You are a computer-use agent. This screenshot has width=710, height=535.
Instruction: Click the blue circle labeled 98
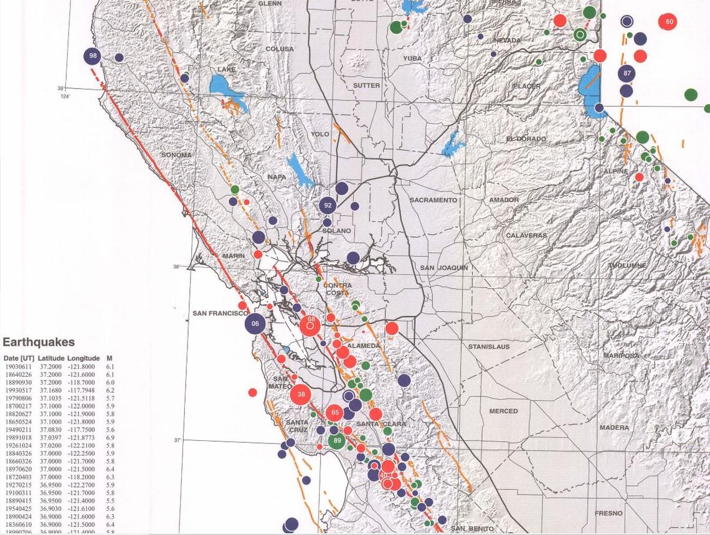[x=93, y=56]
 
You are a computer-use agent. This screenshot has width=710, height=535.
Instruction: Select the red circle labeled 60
[x=669, y=22]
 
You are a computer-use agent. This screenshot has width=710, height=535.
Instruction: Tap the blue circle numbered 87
[x=627, y=73]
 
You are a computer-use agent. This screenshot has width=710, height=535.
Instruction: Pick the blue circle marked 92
[x=328, y=205]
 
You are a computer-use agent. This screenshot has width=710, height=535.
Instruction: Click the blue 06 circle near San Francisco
[x=255, y=323]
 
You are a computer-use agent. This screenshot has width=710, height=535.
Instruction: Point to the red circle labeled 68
[x=310, y=323]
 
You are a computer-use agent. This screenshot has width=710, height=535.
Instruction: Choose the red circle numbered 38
[x=301, y=394]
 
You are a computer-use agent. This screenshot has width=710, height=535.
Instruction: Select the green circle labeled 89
[x=337, y=440]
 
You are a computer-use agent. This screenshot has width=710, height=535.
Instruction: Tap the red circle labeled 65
[x=335, y=412]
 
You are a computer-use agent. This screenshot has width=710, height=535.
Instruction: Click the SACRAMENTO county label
[x=433, y=200]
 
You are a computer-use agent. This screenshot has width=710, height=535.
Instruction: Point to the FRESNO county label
[x=608, y=513]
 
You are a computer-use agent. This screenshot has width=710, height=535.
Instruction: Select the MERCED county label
[x=503, y=411]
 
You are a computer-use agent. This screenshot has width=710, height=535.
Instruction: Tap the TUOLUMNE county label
[x=627, y=266]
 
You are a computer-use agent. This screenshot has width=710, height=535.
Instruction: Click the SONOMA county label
[x=176, y=154]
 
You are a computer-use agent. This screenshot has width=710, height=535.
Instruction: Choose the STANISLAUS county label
[x=489, y=346]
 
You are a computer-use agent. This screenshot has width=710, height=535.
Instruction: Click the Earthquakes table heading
[x=39, y=342]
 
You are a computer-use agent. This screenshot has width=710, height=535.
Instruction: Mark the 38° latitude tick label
[x=177, y=267]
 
